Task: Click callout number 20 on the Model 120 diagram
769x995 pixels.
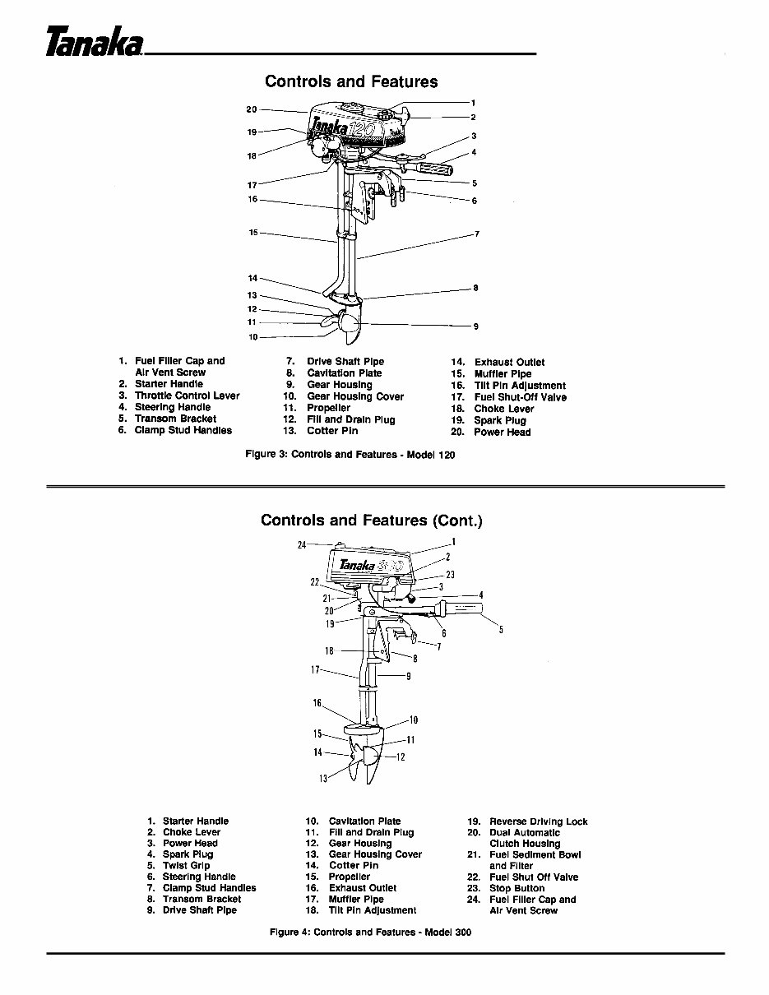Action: (x=252, y=109)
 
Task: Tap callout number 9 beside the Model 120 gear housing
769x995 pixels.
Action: (x=475, y=326)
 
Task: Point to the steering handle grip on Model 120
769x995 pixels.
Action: (x=438, y=168)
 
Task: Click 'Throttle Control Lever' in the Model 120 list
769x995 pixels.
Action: (x=187, y=396)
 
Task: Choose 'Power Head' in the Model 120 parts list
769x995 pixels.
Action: (x=502, y=432)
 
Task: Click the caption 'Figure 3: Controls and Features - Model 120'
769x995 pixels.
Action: (x=350, y=454)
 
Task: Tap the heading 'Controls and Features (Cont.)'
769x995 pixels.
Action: (x=371, y=521)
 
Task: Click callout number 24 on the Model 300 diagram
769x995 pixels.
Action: (x=302, y=544)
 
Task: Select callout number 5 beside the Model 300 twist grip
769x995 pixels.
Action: (x=500, y=630)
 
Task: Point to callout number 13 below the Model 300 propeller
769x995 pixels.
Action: (x=323, y=779)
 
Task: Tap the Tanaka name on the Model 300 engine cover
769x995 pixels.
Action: (x=358, y=565)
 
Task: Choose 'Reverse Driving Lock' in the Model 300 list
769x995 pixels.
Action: (x=538, y=821)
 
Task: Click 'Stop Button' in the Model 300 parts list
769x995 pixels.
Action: (x=517, y=888)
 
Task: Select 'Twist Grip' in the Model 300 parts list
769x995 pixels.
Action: (x=186, y=866)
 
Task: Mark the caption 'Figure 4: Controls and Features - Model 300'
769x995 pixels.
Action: (x=370, y=933)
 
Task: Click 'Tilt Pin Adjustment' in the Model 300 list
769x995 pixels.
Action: (x=372, y=910)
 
